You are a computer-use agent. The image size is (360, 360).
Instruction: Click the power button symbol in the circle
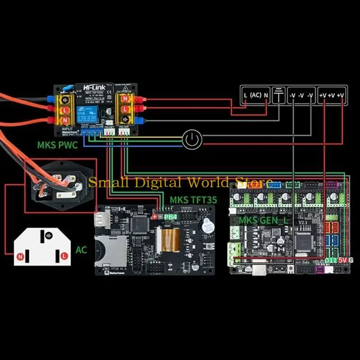[x=193, y=140]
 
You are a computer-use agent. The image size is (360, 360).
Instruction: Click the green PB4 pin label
[x=171, y=217]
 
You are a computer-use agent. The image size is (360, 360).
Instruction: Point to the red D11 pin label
[x=331, y=261]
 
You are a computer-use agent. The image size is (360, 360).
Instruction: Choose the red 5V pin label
[x=343, y=261]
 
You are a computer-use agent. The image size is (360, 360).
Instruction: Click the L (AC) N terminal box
[x=255, y=95]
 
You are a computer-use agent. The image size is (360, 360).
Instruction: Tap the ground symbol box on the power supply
[x=279, y=95]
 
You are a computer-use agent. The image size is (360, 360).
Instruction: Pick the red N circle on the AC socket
[x=20, y=256]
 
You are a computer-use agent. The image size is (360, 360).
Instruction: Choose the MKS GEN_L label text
[x=263, y=220]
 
